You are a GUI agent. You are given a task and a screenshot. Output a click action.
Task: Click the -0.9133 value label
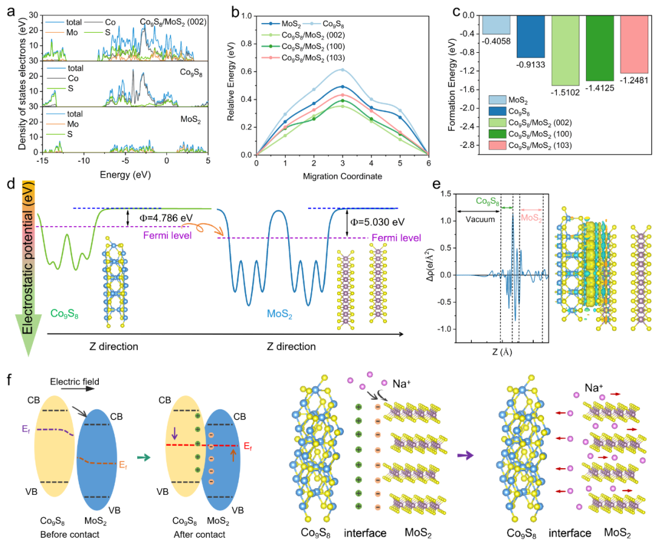click(529, 63)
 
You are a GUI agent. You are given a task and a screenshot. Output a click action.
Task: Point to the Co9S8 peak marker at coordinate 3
click(342, 69)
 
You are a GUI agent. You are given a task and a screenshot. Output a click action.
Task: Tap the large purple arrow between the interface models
click(466, 454)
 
